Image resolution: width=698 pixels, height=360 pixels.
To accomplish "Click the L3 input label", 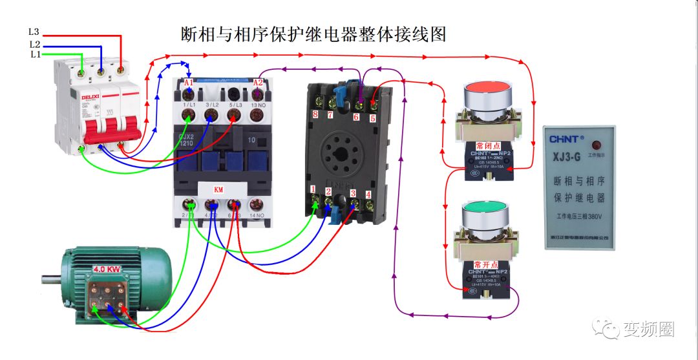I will [34, 31].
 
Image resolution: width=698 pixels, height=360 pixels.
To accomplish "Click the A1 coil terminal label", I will [188, 83].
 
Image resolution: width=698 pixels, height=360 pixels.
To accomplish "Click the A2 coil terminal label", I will [258, 82].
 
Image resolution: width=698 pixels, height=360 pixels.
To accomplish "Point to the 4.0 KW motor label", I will [107, 269].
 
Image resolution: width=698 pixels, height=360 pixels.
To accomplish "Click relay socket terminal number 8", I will [315, 114].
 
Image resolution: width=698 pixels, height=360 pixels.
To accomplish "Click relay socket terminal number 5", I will [372, 118].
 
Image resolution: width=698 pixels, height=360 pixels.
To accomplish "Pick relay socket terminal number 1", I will [313, 189].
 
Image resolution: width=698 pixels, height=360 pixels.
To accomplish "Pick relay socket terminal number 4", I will [368, 194].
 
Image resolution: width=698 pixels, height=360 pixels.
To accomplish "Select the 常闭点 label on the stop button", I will [487, 145].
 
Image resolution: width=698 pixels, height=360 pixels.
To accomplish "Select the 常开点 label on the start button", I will [487, 265].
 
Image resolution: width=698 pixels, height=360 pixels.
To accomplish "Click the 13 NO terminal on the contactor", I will [257, 105].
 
